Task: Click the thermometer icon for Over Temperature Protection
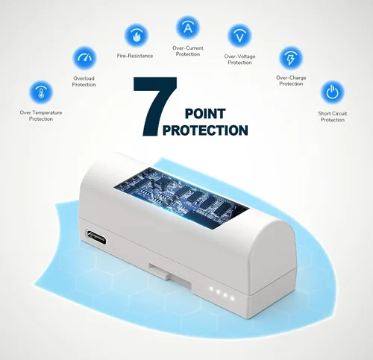(41, 92)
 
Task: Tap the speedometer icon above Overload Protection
(84, 58)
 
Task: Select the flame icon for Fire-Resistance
(136, 36)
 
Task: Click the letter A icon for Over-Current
(188, 28)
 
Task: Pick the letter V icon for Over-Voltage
(239, 36)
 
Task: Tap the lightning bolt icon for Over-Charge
(291, 58)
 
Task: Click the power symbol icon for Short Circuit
(333, 92)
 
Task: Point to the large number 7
(155, 107)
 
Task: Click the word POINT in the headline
(205, 114)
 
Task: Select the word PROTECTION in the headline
(205, 130)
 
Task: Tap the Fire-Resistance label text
(135, 56)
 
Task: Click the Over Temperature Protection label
(41, 116)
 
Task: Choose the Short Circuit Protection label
(333, 116)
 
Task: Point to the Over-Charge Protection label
(291, 80)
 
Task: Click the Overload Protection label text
(84, 81)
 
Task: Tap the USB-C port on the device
(96, 237)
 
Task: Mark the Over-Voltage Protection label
(239, 60)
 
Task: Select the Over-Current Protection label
(188, 51)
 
